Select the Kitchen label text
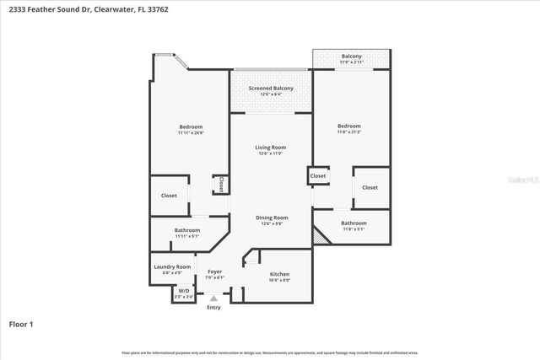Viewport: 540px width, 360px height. (279, 275)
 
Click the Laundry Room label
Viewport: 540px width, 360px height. (172, 266)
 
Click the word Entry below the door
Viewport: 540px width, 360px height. (214, 308)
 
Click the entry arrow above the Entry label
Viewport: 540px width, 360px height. (214, 298)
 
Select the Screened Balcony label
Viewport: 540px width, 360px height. (271, 89)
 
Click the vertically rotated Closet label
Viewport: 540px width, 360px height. (220, 184)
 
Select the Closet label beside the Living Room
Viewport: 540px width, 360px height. (318, 176)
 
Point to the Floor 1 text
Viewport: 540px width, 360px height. (21, 324)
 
